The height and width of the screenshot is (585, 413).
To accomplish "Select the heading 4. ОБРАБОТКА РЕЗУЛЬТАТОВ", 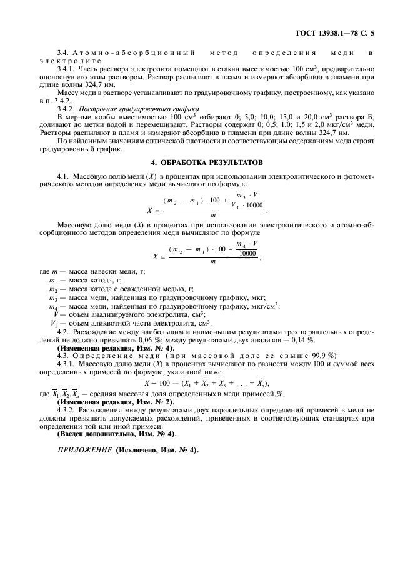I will (x=207, y=162).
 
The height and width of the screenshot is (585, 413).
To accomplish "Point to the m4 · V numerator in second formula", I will (x=247, y=244).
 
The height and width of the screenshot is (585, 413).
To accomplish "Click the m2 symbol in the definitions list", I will (x=53, y=289).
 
